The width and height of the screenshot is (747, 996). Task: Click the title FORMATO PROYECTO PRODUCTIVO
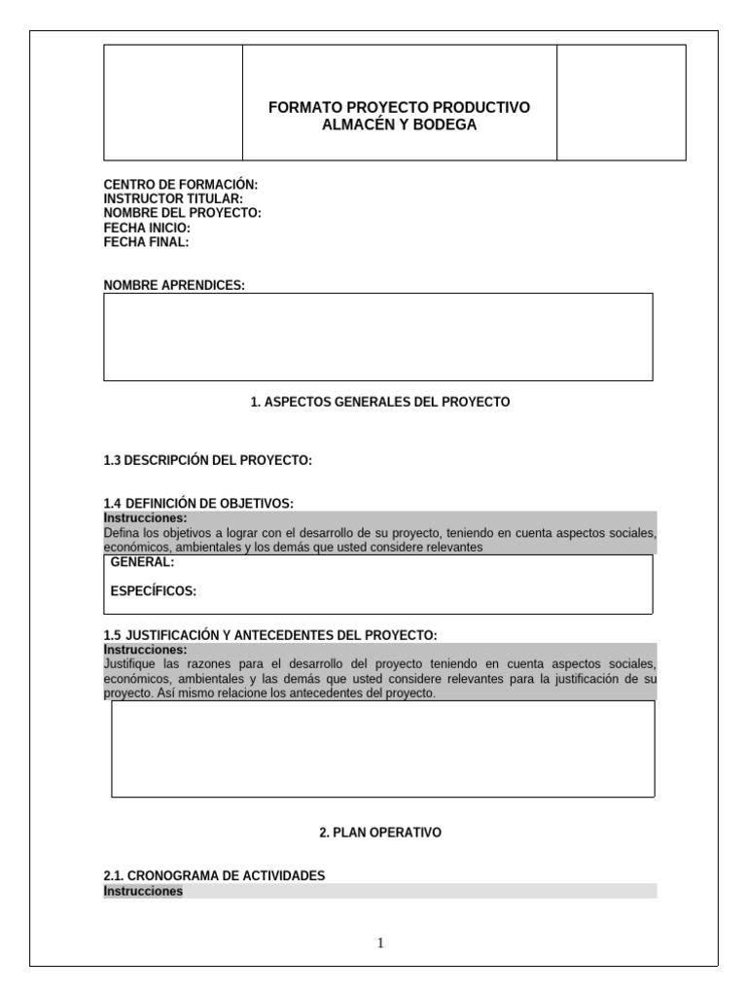pos(399,107)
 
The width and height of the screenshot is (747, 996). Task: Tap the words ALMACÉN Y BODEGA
pos(399,124)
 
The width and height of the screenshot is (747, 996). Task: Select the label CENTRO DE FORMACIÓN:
pos(181,185)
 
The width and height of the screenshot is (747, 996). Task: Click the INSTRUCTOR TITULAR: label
pos(173,199)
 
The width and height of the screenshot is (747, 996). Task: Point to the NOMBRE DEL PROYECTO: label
pos(183,213)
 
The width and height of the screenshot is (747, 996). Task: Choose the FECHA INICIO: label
pos(154,228)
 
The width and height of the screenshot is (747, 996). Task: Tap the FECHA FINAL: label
pos(147,242)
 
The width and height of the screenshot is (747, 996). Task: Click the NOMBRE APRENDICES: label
pos(174,285)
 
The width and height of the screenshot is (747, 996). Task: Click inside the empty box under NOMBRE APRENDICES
pos(377,337)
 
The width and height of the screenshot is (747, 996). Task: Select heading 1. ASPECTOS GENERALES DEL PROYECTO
pos(379,402)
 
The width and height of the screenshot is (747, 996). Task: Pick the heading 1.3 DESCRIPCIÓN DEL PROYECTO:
pos(208,460)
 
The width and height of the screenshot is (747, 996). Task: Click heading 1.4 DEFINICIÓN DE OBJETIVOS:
pos(198,503)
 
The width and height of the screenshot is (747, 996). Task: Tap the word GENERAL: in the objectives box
pos(143,562)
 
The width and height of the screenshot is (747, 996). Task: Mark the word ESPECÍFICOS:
pos(154,590)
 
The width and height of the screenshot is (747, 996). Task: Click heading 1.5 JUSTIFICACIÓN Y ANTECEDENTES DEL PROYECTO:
pos(270,635)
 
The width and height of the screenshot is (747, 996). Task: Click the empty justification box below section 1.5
pos(382,749)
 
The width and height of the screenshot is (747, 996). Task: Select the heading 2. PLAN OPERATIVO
pos(380,833)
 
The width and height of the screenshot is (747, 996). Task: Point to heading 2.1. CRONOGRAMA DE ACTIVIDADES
pos(214,876)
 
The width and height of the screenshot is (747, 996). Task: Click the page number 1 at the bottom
pos(380,943)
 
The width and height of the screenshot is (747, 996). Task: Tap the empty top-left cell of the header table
pos(173,102)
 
